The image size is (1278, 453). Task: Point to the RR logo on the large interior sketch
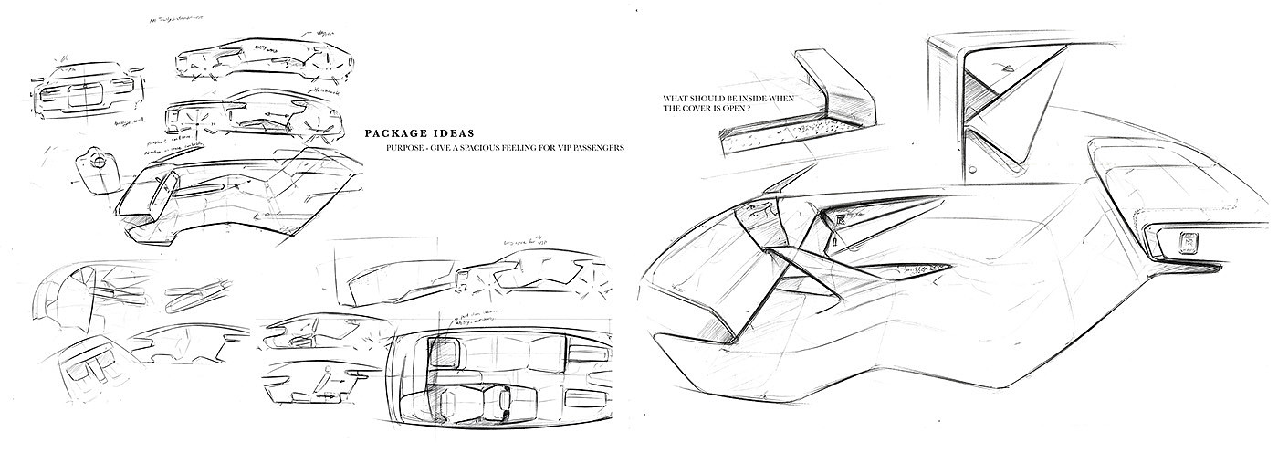(x=838, y=219)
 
